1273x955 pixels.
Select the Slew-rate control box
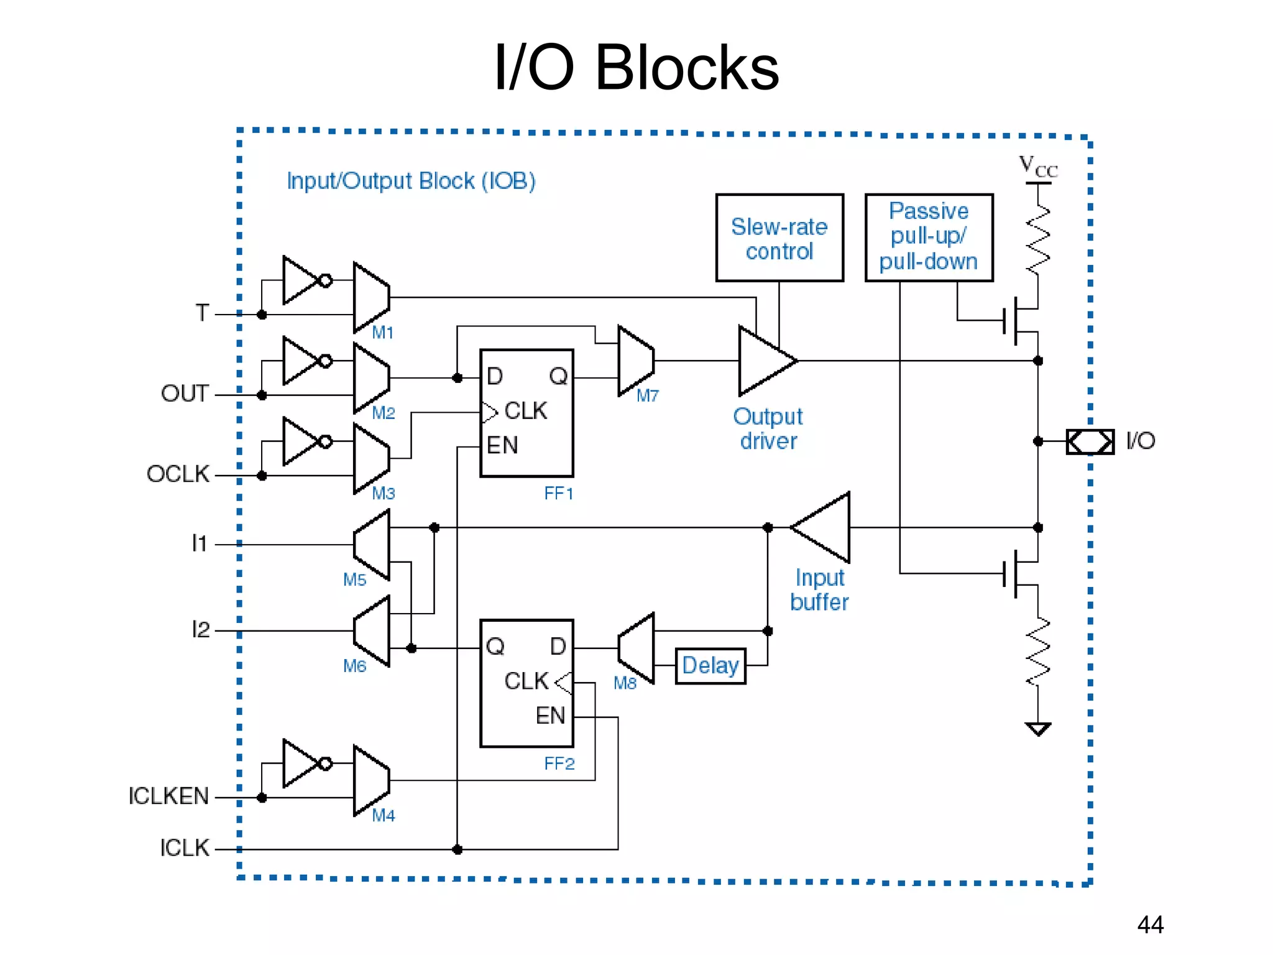779,238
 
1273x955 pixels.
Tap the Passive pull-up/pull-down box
929,238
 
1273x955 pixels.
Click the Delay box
710,666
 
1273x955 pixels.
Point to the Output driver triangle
763,361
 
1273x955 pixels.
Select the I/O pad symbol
1090,441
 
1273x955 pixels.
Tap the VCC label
1037,167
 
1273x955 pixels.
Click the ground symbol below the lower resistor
1037,728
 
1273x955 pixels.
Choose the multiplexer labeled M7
635,361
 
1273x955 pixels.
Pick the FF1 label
558,494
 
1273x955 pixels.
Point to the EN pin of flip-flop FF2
550,716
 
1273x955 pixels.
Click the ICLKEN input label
168,796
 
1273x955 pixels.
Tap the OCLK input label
178,474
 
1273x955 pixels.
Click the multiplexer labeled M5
372,545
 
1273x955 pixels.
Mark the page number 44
1150,925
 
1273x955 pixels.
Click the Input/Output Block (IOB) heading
411,181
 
